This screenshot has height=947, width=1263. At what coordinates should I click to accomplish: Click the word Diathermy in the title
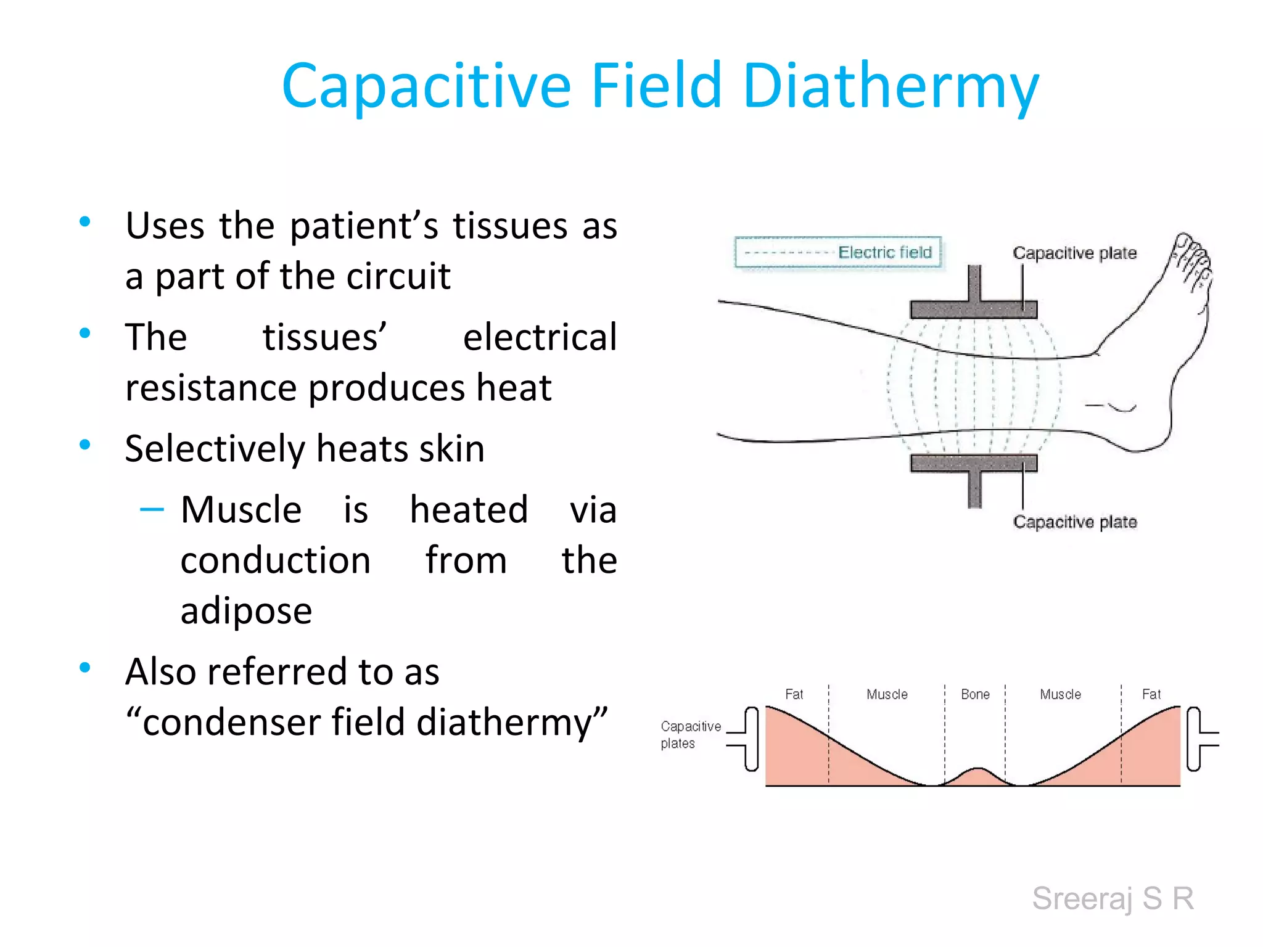coord(891,86)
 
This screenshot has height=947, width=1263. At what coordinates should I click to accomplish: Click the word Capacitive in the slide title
coord(426,86)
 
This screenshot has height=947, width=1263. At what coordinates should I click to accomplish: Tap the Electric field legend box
coord(837,252)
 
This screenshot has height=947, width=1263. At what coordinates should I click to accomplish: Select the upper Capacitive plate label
coord(1074,253)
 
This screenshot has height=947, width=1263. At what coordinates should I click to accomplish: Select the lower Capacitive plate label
coord(1074,522)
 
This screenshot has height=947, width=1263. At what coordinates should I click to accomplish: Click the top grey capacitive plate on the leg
coord(973,309)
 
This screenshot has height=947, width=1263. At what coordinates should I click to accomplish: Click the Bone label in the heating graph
coord(975,694)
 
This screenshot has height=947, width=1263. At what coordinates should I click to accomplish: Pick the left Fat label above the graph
coord(794,694)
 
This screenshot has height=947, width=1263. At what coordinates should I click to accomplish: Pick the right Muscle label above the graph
coord(1060,694)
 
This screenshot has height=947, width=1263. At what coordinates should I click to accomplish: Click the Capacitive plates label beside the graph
coord(689,734)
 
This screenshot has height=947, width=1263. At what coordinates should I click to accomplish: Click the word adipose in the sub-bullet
coord(246,611)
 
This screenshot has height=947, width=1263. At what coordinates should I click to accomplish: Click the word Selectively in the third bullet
coord(214,448)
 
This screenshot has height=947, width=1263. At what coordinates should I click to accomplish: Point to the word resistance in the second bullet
coord(211,388)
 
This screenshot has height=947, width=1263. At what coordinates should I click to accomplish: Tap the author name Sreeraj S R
coord(1113,898)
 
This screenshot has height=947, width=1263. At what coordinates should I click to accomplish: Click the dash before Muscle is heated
coord(152,509)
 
